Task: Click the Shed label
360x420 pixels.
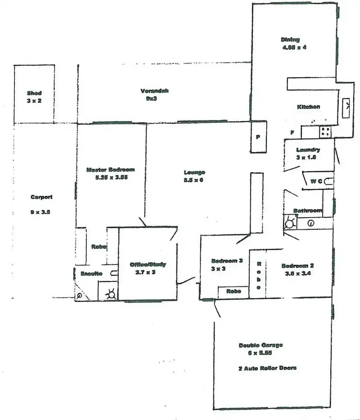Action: click(x=34, y=93)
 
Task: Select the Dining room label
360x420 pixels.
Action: click(x=290, y=40)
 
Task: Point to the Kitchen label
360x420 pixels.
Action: click(x=309, y=106)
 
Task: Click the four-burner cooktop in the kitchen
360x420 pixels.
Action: click(x=325, y=130)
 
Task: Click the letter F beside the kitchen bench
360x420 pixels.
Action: click(x=292, y=132)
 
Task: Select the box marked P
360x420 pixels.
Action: click(x=258, y=137)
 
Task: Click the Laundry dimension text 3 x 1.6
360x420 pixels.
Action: click(x=308, y=157)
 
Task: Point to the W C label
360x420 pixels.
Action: click(x=316, y=181)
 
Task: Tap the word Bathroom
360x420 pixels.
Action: click(x=308, y=210)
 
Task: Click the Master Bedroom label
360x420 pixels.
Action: click(x=110, y=169)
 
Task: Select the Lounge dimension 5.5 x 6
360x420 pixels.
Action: click(x=194, y=180)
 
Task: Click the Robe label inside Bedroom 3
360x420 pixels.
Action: click(x=233, y=291)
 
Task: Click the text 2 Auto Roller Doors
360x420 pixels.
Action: click(x=267, y=368)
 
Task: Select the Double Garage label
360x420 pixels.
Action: click(x=261, y=345)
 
